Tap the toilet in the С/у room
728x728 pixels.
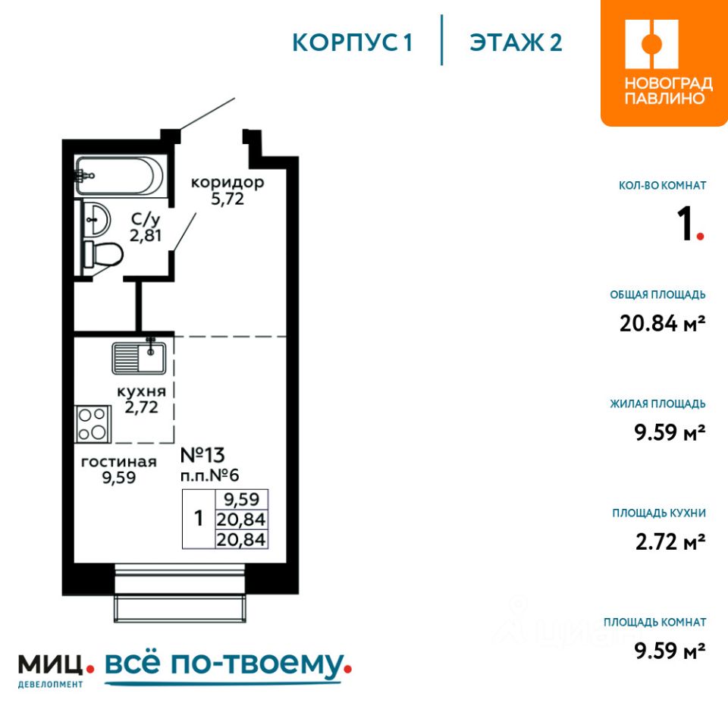click(x=102, y=254)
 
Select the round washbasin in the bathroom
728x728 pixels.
click(x=96, y=218)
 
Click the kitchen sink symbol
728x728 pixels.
click(x=139, y=357)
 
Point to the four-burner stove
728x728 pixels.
click(x=93, y=424)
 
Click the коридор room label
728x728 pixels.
click(x=227, y=182)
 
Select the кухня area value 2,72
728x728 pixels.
click(x=142, y=407)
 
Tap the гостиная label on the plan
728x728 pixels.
click(x=119, y=462)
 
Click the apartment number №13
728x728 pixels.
click(x=202, y=455)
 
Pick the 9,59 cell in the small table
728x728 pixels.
click(x=241, y=499)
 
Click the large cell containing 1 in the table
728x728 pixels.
click(x=199, y=519)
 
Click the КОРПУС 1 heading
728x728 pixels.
click(x=353, y=42)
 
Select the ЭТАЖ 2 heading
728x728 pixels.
click(x=516, y=42)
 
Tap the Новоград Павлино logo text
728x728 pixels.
click(x=668, y=90)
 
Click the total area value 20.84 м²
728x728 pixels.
click(x=663, y=323)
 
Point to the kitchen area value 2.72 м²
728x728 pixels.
click(x=670, y=541)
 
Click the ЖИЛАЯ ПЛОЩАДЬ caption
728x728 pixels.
click(x=658, y=403)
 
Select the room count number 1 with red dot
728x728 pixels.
click(x=690, y=224)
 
